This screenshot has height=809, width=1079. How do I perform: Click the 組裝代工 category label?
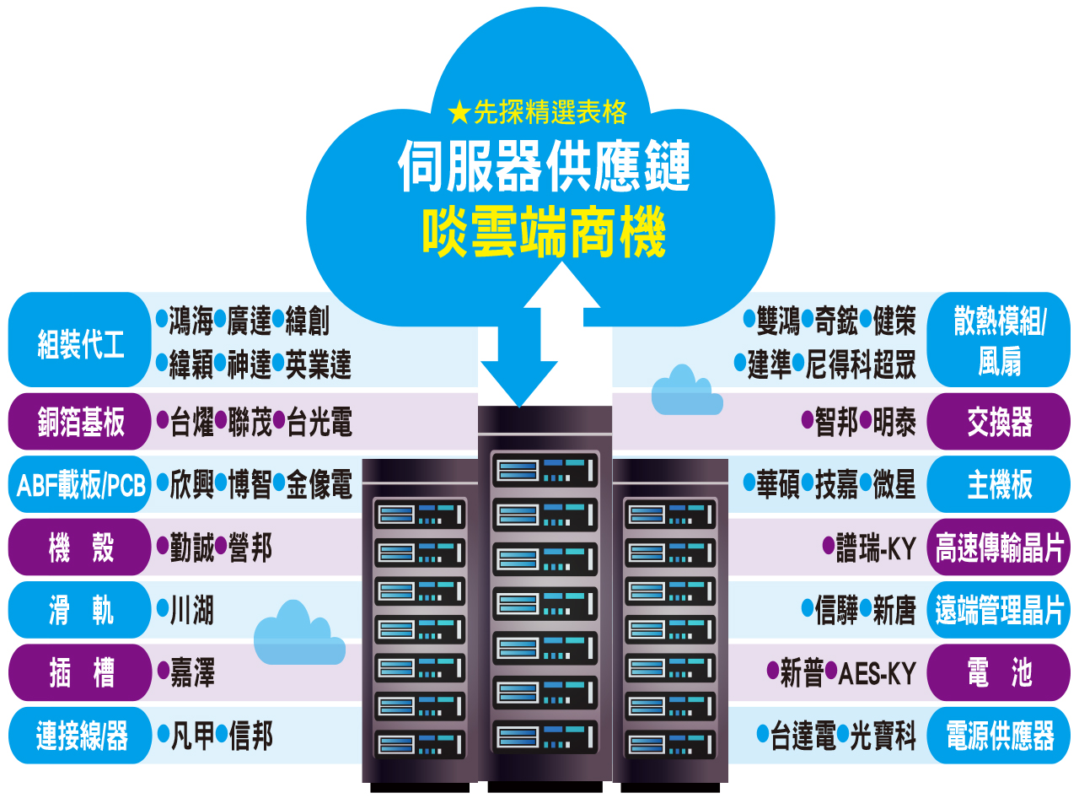coord(80,343)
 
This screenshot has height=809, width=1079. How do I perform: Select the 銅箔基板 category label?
coord(80,421)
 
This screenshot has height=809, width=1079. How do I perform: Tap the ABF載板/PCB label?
coord(81,485)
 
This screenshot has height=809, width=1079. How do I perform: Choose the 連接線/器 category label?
coord(81,736)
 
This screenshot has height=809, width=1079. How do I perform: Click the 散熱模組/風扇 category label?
coord(999,341)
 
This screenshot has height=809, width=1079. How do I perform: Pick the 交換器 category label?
coord(999,422)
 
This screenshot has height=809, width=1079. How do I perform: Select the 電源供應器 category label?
coord(999,736)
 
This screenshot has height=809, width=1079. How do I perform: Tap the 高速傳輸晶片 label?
coord(999,548)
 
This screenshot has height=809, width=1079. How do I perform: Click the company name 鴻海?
coord(191,321)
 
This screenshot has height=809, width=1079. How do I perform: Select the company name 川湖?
coord(192,610)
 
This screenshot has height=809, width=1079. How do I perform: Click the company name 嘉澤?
coord(192,673)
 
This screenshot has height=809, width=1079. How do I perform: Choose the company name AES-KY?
coord(877,673)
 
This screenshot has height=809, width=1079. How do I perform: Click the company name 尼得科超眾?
coord(860,364)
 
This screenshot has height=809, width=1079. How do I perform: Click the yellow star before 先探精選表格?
coord(459,111)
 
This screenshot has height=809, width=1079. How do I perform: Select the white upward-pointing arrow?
coord(562,295)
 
